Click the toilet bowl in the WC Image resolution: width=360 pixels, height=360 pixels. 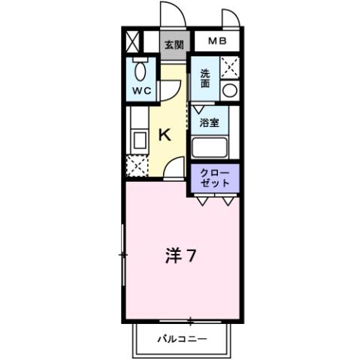(141, 71)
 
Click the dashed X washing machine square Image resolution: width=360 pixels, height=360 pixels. (230, 67)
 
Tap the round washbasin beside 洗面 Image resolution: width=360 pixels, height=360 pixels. (230, 91)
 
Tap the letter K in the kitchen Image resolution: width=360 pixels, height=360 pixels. (166, 135)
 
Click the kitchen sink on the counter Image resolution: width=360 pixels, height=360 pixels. (138, 139)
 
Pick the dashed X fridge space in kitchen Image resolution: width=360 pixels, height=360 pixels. (137, 165)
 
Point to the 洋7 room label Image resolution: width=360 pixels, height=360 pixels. (180, 256)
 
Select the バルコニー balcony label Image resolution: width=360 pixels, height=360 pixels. (182, 338)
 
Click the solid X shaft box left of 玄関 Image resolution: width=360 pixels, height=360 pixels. (134, 41)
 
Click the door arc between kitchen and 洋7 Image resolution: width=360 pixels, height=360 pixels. (174, 169)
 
